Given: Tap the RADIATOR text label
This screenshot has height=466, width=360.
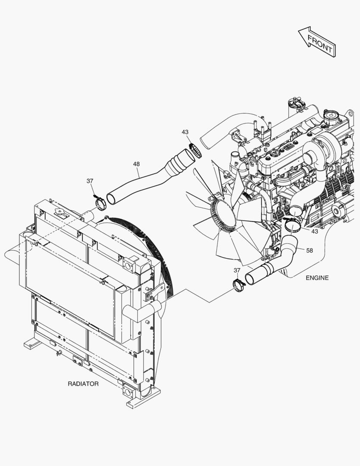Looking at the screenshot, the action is point(83,384).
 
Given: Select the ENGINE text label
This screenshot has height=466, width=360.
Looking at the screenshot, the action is point(317,278).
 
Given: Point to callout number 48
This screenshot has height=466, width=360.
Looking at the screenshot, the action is point(136,164).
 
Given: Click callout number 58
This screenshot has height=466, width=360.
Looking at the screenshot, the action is point(310,251).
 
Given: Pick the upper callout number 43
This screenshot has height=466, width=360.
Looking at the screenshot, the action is point(185,132).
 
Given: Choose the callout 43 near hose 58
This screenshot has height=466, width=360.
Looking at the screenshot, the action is point(315,231).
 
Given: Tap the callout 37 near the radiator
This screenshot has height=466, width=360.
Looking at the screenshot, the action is point(90,181).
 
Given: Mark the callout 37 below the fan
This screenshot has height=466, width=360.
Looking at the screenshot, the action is point(237,270).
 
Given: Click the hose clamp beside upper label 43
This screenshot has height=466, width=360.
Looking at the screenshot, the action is point(196,151).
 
